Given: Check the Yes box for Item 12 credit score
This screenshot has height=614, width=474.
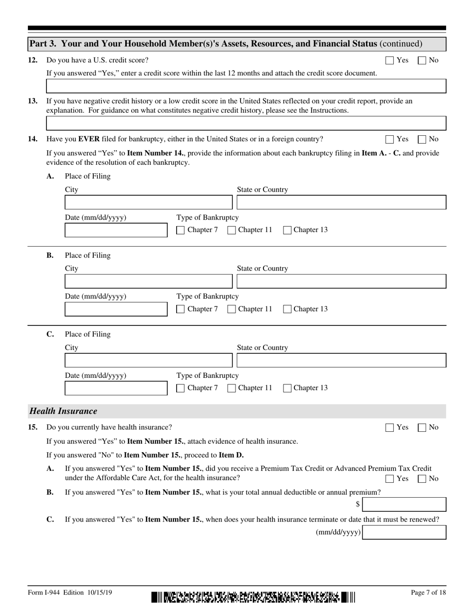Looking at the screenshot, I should pos(390,60).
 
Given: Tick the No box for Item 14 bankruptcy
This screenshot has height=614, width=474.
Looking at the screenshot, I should pos(422,139).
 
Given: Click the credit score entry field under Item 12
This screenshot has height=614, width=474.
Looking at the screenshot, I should pos(246,86).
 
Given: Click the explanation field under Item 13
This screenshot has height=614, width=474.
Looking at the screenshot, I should pos(246,123).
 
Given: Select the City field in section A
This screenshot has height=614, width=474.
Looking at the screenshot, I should pos(149,203).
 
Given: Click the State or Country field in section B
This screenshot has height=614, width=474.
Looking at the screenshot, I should pos(341,282).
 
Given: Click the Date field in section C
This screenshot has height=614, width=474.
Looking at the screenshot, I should pos(116,388).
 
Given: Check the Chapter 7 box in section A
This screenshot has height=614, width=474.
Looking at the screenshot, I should pos(181,230).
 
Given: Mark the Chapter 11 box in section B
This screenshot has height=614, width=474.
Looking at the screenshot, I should pos(232,309).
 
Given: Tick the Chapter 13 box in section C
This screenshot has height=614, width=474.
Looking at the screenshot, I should pos(287,388).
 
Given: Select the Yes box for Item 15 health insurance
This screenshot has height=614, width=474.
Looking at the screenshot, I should pos(390,427).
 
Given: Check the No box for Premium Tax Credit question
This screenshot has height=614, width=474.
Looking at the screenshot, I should pos(422,479).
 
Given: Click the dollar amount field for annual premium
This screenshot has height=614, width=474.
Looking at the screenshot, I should pos(404,505).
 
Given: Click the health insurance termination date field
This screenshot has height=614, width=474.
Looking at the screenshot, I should pos(404,532).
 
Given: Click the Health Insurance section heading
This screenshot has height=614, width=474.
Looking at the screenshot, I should pos(63,411).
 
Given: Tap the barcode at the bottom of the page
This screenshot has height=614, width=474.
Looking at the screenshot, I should pos(253,597).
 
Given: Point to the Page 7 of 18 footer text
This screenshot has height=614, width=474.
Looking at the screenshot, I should pos(425,593).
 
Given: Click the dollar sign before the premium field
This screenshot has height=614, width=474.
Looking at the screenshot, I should pos(358,505).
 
